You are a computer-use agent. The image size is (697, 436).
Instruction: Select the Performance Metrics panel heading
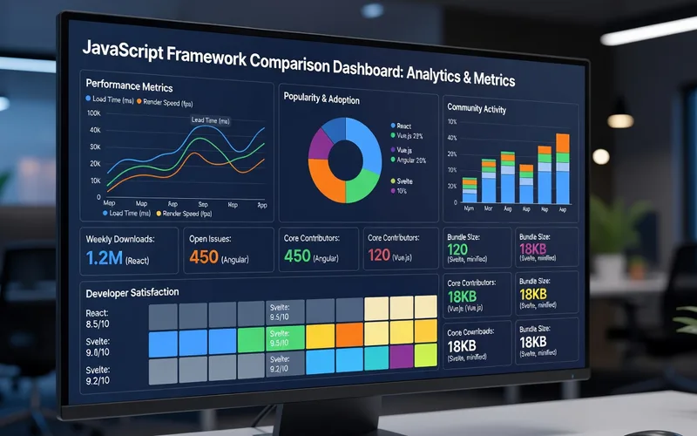pos(129,87)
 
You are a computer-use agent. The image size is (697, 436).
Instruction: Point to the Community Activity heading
pos(477,109)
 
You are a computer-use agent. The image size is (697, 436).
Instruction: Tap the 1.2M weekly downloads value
pos(105,258)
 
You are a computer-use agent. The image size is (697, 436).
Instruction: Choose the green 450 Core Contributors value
pos(297,257)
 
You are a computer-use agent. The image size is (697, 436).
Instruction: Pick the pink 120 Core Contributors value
pos(379,256)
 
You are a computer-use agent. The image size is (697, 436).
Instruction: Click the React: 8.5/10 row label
pos(98,318)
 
